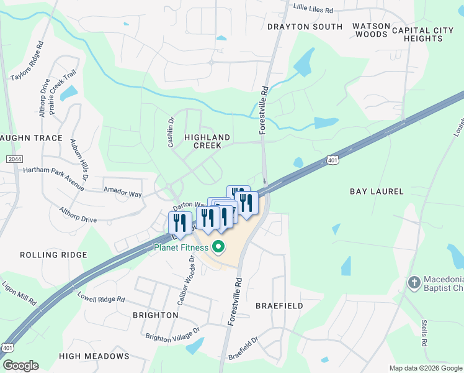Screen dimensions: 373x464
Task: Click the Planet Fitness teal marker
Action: point(218,248)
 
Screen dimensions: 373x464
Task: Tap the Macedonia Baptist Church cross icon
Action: point(414,283)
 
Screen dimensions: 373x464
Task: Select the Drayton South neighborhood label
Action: point(305,27)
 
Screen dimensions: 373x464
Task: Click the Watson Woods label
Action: point(372,30)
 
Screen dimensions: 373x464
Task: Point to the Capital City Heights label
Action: point(426,34)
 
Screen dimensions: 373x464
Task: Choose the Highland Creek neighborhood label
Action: point(207,141)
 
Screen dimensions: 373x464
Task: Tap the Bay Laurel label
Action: point(377,191)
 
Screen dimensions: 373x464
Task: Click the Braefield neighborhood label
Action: point(279,306)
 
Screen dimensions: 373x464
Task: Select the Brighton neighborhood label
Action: point(156,315)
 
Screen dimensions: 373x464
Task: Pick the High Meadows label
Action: point(94,356)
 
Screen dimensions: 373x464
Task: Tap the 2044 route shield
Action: point(14,160)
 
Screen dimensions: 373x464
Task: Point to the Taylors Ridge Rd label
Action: point(28,61)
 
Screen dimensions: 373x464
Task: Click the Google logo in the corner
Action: point(20,366)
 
